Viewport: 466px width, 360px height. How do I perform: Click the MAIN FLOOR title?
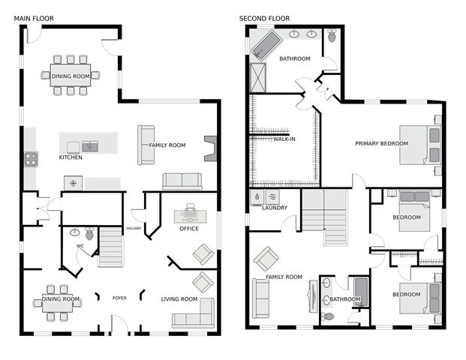(34, 19)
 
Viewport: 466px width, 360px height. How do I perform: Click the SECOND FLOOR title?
(264, 19)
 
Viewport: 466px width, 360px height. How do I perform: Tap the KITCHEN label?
(71, 157)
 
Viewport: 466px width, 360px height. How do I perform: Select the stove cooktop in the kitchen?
(31, 159)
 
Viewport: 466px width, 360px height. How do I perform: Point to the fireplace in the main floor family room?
(210, 148)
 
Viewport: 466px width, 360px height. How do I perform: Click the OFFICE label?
(189, 229)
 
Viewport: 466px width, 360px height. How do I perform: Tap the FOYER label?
(119, 298)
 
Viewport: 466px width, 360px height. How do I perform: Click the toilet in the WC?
(89, 233)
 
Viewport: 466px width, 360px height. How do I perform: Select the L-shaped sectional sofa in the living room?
(194, 313)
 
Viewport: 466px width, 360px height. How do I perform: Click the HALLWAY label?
(134, 228)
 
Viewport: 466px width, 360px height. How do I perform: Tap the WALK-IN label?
(284, 139)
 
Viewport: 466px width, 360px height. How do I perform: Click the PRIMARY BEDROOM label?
(382, 143)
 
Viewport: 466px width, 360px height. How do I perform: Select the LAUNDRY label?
(275, 208)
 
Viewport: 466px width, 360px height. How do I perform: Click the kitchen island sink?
(90, 146)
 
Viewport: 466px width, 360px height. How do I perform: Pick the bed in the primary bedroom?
(420, 145)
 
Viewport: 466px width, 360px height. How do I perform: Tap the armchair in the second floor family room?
(266, 259)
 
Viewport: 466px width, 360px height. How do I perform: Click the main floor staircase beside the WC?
(110, 247)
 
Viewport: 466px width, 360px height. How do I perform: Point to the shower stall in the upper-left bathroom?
(257, 77)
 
